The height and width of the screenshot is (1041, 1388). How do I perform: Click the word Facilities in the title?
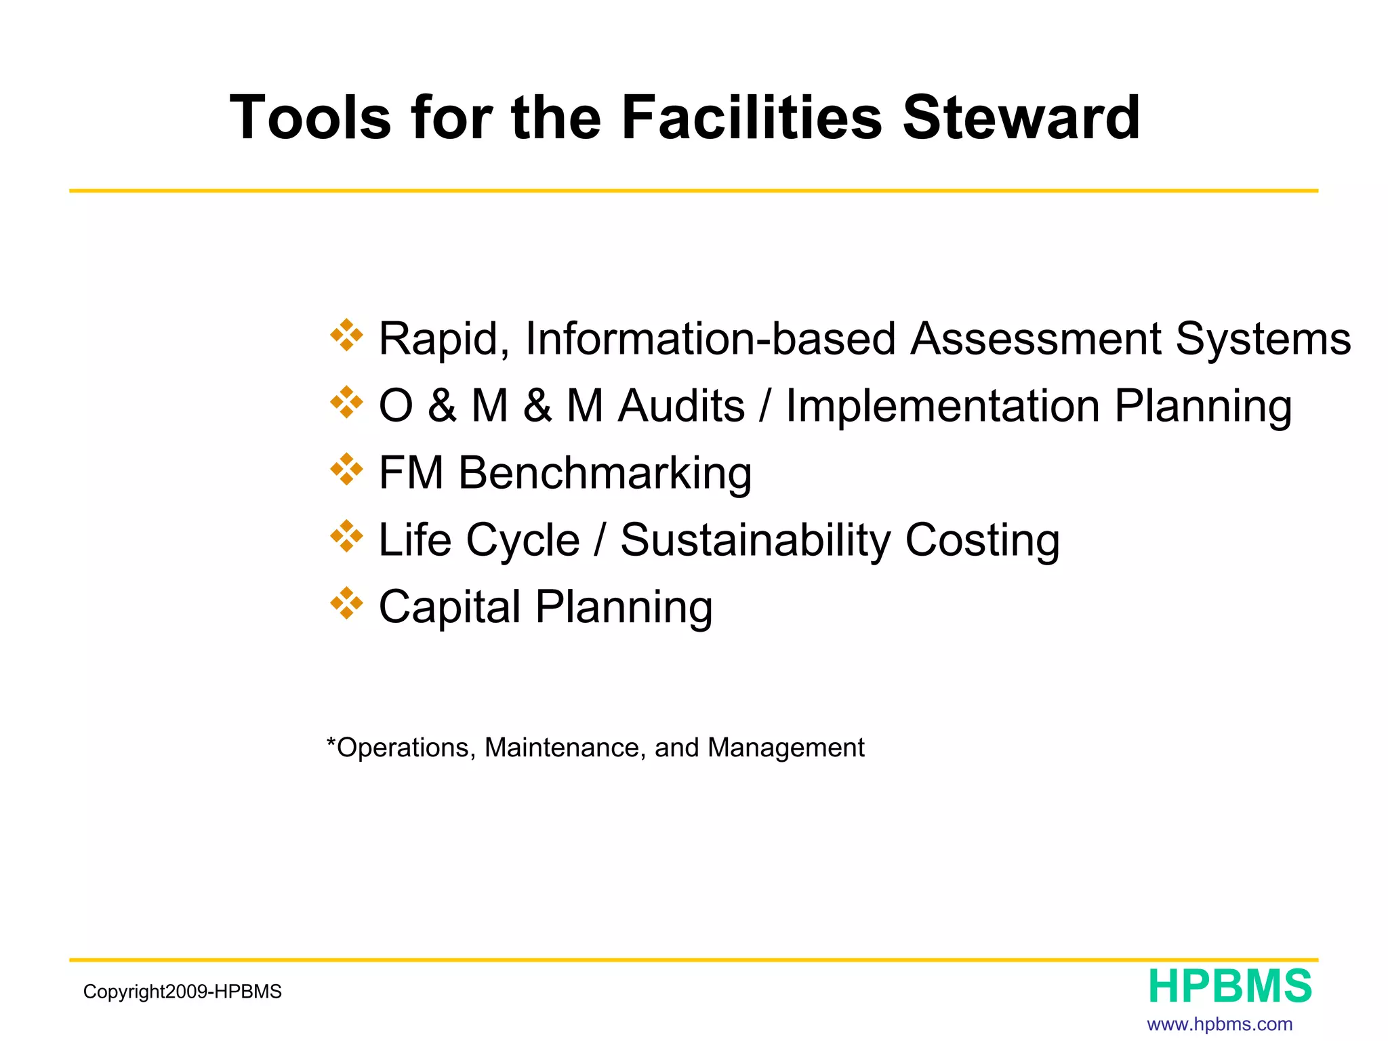751,118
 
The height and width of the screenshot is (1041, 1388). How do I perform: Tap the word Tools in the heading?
310,118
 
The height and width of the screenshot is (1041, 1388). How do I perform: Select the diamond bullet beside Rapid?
346,335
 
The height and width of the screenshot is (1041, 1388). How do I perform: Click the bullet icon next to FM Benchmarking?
346,470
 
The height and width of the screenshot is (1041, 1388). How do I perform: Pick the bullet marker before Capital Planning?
346,603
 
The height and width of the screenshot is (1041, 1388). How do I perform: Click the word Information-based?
710,338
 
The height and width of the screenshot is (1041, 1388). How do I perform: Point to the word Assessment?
1035,338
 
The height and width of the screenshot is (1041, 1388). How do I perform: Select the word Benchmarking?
605,472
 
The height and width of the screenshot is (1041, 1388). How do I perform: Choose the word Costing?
982,540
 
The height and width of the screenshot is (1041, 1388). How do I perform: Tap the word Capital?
449,607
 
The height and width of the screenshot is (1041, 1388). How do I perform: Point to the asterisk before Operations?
331,743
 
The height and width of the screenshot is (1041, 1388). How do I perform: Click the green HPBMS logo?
1229,986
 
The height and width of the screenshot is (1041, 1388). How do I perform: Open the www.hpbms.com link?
1219,1024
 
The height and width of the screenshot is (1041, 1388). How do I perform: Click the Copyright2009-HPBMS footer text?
182,992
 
